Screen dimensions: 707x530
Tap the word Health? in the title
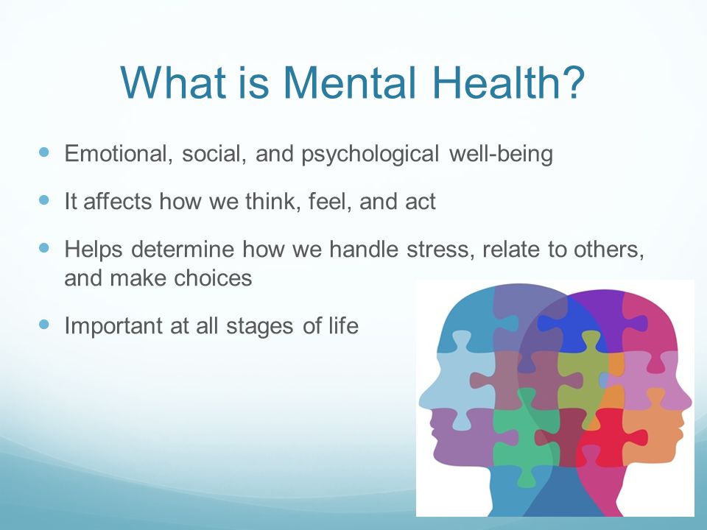[x=508, y=82]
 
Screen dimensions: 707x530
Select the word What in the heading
[x=173, y=82]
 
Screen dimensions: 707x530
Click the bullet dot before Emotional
[x=43, y=152]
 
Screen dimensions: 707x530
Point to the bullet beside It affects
[x=43, y=199]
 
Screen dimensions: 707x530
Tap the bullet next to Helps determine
[x=43, y=247]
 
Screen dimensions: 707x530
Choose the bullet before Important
[x=43, y=324]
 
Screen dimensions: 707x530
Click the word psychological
[x=370, y=155]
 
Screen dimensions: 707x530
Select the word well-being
[x=501, y=155]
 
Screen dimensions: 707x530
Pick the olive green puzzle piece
[x=582, y=375]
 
